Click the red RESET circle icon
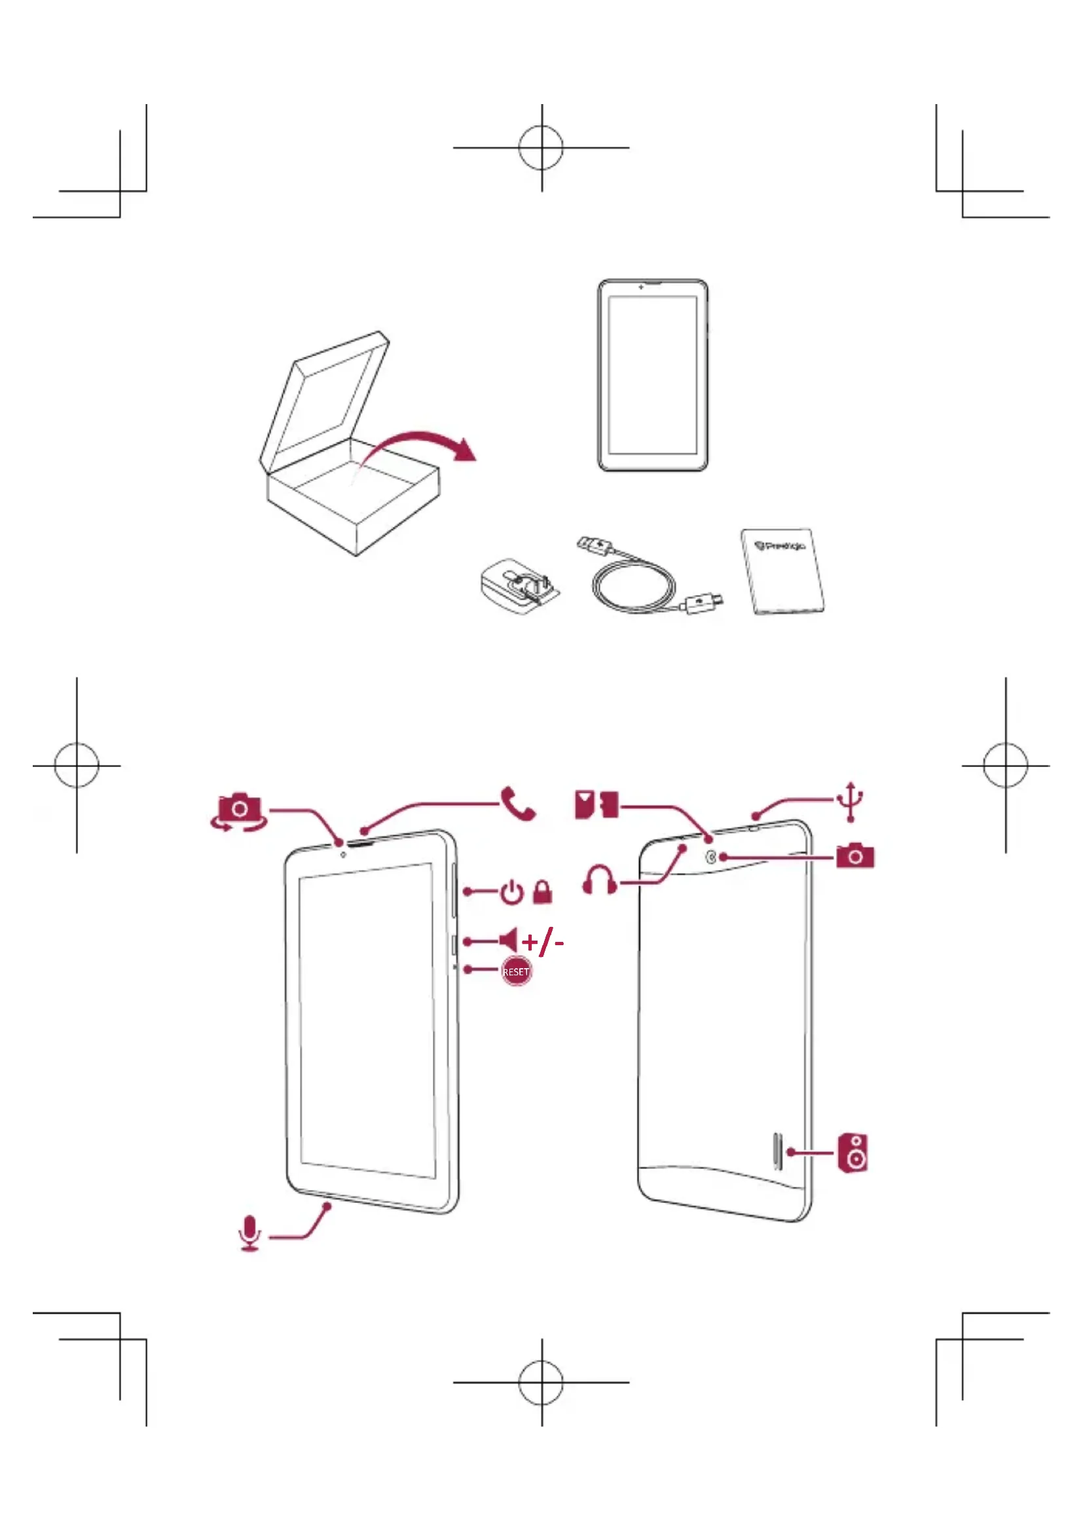(516, 971)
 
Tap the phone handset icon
(517, 804)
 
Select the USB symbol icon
(851, 802)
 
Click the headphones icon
(600, 880)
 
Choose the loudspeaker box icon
(853, 1152)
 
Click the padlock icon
(543, 892)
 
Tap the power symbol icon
(512, 892)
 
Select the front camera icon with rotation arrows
(239, 812)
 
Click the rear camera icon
(855, 856)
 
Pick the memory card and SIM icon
(597, 805)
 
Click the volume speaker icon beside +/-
(508, 940)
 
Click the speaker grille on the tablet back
(777, 1150)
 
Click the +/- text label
(543, 941)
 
